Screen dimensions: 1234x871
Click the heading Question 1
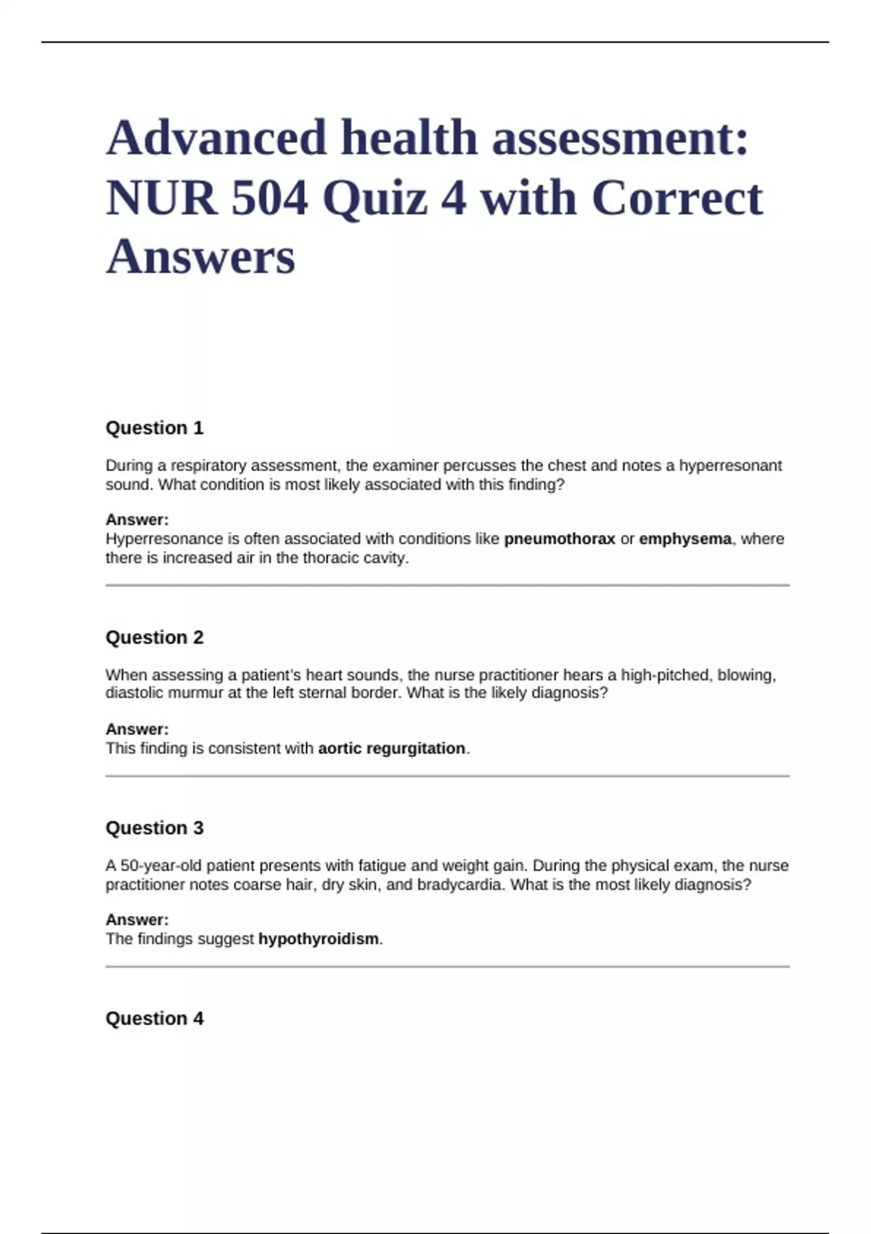155,428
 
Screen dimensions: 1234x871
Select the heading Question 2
155,637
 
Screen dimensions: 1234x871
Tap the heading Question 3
155,828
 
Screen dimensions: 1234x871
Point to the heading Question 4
155,1018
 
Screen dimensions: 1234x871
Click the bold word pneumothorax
560,539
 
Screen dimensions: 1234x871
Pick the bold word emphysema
685,539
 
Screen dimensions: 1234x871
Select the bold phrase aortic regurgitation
392,748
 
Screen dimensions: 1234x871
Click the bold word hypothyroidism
319,939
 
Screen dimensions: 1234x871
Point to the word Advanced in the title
216,138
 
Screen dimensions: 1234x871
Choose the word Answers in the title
200,257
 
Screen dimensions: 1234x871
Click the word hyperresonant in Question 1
730,465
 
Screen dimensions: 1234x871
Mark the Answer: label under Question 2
137,730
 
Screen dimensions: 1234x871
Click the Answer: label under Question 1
137,520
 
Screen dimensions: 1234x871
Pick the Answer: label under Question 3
137,920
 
